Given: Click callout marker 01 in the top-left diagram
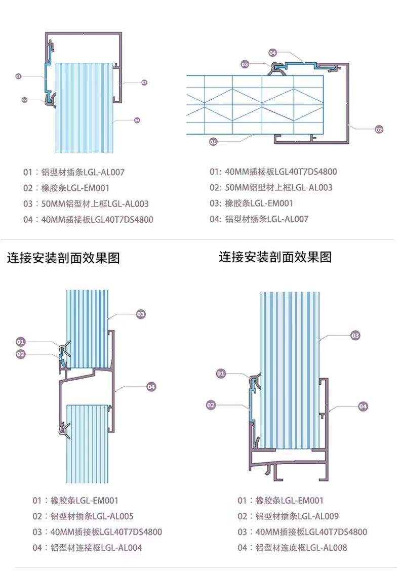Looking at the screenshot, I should [x=18, y=76].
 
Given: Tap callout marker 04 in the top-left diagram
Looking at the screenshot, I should [x=137, y=120].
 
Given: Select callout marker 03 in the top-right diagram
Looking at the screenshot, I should [x=245, y=64].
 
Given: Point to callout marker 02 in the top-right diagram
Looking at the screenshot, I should [x=379, y=130].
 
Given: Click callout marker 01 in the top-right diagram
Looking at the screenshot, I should [x=213, y=142].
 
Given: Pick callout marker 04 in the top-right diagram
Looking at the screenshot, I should [x=272, y=53].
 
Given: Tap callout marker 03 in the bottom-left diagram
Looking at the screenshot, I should [x=141, y=314].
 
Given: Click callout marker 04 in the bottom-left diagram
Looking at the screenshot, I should [x=151, y=387].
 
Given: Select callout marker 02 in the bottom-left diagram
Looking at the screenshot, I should [x=21, y=354].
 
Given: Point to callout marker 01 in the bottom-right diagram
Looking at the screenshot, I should [x=220, y=374].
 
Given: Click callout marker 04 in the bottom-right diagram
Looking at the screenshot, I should [x=363, y=406].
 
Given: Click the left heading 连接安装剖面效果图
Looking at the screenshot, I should [x=63, y=258].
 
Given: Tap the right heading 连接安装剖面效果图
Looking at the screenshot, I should [x=275, y=257].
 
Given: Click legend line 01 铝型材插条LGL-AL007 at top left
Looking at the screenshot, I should [x=73, y=172].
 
